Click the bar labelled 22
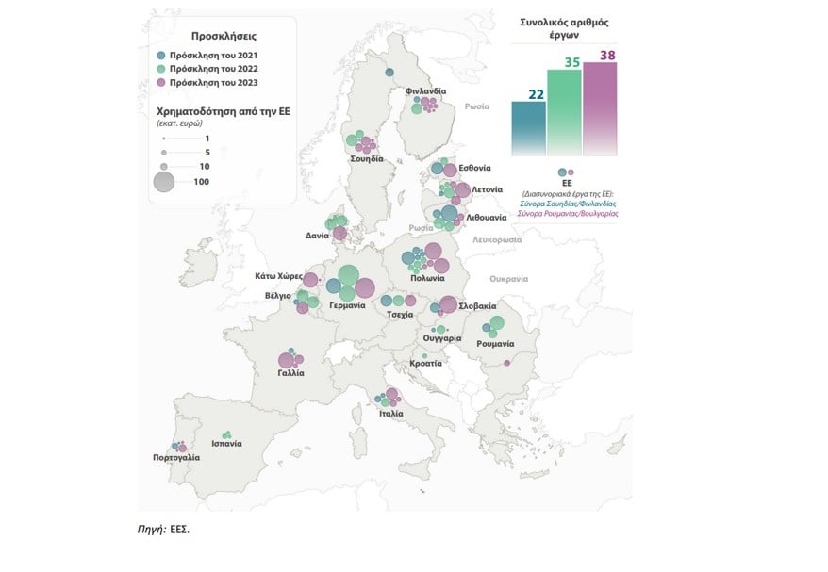click(528, 127)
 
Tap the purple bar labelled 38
click(600, 107)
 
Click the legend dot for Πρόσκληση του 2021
click(162, 55)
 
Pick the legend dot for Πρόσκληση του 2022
click(162, 69)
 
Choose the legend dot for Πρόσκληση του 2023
click(162, 83)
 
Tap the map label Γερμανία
click(347, 305)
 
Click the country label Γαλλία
click(290, 373)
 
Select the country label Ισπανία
click(226, 444)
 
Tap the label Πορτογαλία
click(176, 457)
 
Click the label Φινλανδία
click(425, 90)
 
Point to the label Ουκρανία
click(508, 279)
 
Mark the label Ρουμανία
click(495, 344)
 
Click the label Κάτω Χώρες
click(278, 277)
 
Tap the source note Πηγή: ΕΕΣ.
click(163, 530)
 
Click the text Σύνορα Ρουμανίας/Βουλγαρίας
click(567, 214)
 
